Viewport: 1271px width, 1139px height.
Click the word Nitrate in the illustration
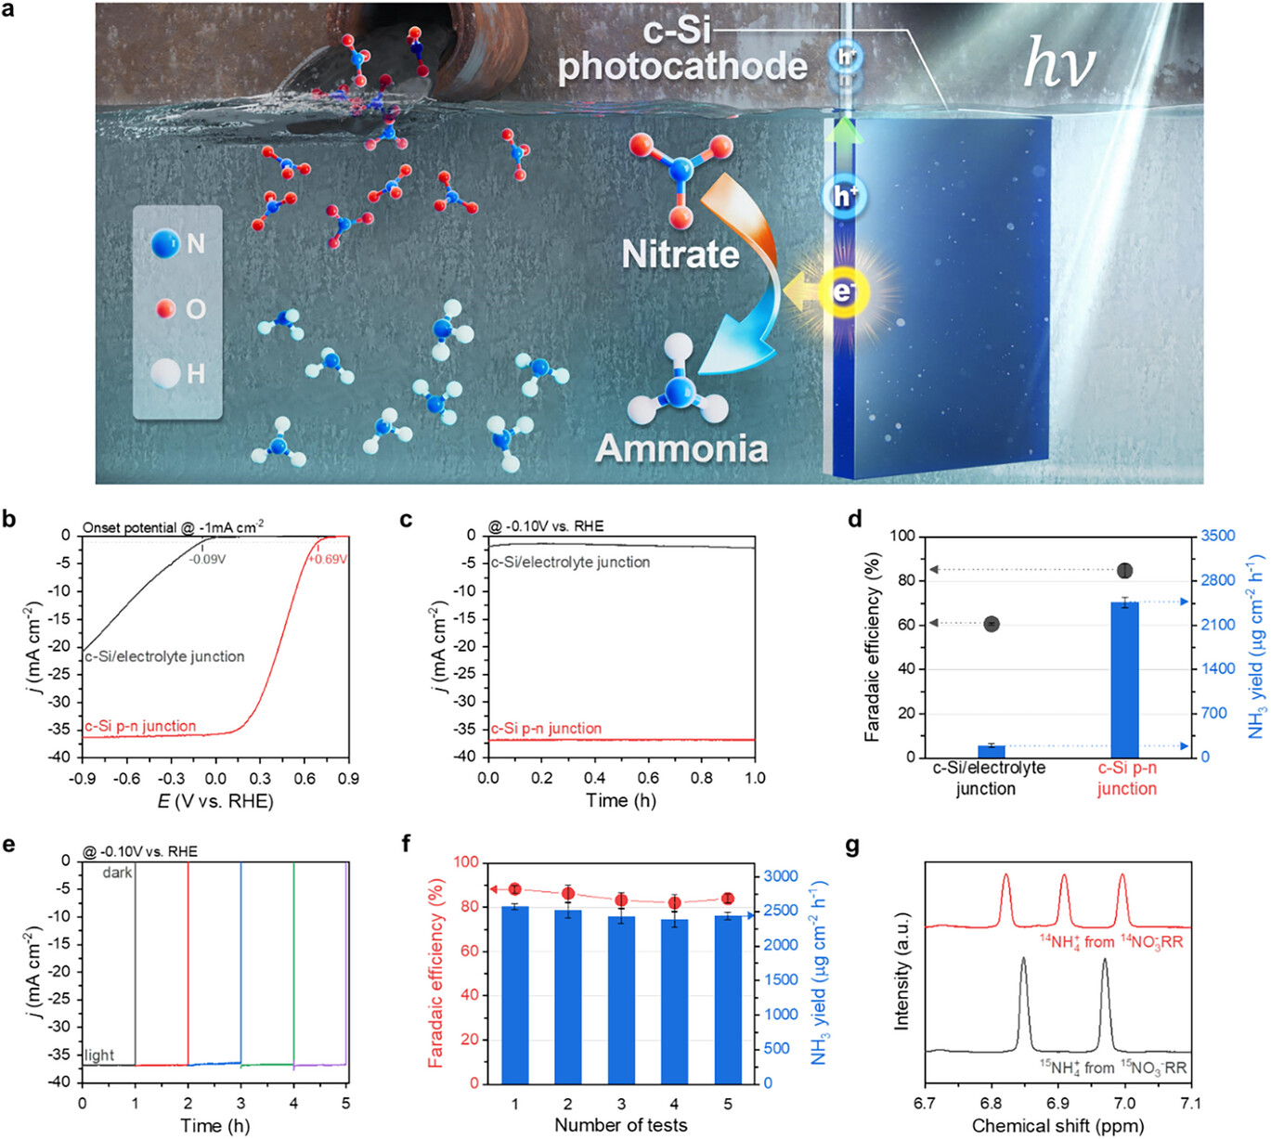point(680,254)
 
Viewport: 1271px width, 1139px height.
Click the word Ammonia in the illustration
point(681,448)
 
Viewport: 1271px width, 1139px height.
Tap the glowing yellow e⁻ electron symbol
point(843,291)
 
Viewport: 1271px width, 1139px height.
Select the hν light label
point(1058,64)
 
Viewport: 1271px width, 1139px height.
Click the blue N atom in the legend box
point(166,243)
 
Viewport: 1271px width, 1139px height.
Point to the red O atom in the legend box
point(166,308)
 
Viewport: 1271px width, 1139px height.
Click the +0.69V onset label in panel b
point(328,560)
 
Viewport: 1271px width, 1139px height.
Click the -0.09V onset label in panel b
point(207,560)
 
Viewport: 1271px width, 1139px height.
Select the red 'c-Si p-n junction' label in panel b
point(140,726)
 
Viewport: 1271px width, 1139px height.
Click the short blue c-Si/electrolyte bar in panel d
point(992,751)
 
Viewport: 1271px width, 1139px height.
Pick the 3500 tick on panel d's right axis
point(1218,536)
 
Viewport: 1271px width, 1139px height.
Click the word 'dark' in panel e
point(118,873)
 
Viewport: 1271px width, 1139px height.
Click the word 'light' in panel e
point(99,1055)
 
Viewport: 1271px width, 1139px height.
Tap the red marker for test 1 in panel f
point(515,889)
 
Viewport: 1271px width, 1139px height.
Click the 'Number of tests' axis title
point(620,1125)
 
